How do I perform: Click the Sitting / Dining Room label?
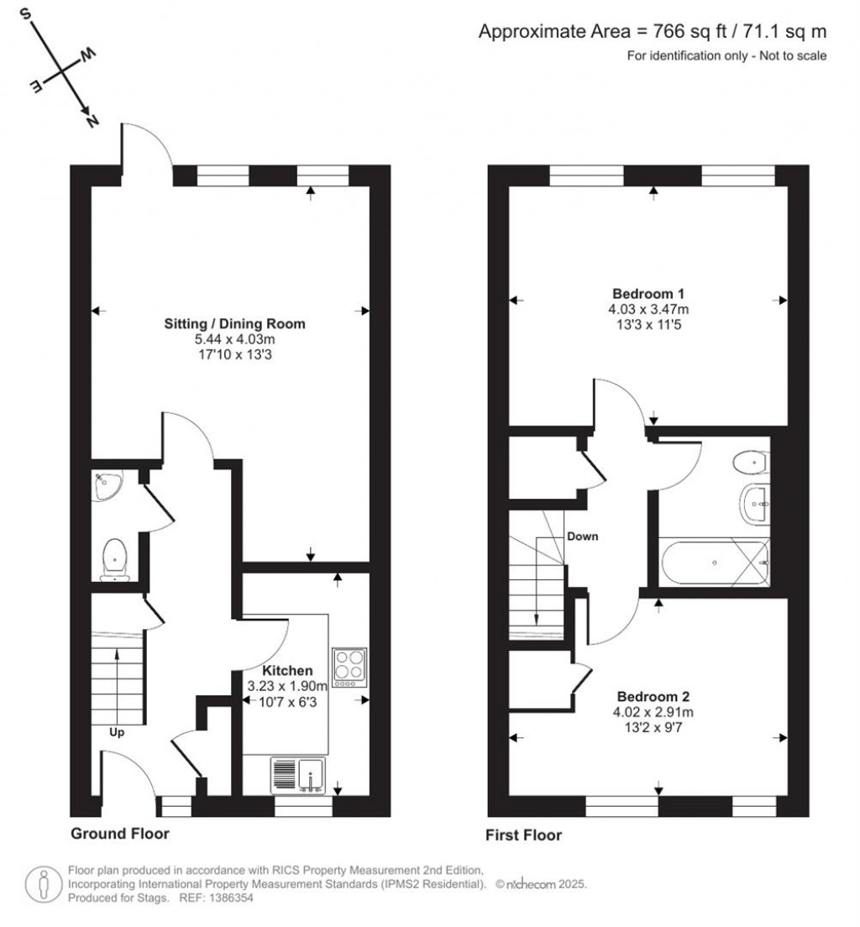click(234, 323)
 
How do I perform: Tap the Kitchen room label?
click(287, 671)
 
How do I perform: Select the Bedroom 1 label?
click(648, 294)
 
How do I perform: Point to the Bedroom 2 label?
click(653, 697)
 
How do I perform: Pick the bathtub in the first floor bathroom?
click(714, 562)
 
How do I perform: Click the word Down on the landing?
click(582, 537)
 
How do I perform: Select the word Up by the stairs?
click(118, 731)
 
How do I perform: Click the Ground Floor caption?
click(119, 834)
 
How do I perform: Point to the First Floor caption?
click(523, 835)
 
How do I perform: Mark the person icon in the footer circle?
click(42, 884)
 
